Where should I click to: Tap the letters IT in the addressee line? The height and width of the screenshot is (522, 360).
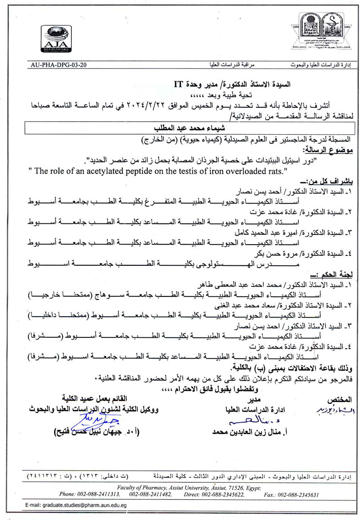[x=179, y=84]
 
